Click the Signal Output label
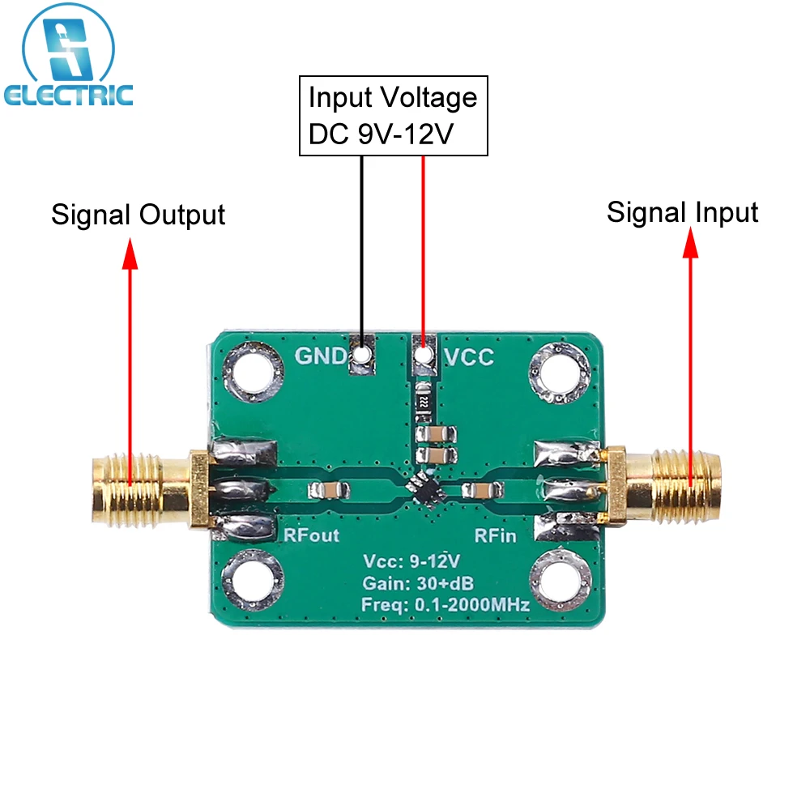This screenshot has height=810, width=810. pos(138,215)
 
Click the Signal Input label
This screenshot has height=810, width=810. pos(682,212)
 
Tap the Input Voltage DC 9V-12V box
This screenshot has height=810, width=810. pos(393,115)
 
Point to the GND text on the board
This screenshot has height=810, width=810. pos(319,356)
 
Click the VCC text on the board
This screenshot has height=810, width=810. pos(469,356)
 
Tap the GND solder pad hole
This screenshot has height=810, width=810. pos(361,356)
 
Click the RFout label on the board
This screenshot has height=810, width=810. pos(311,535)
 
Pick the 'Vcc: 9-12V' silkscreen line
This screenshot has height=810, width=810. pos(411,561)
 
